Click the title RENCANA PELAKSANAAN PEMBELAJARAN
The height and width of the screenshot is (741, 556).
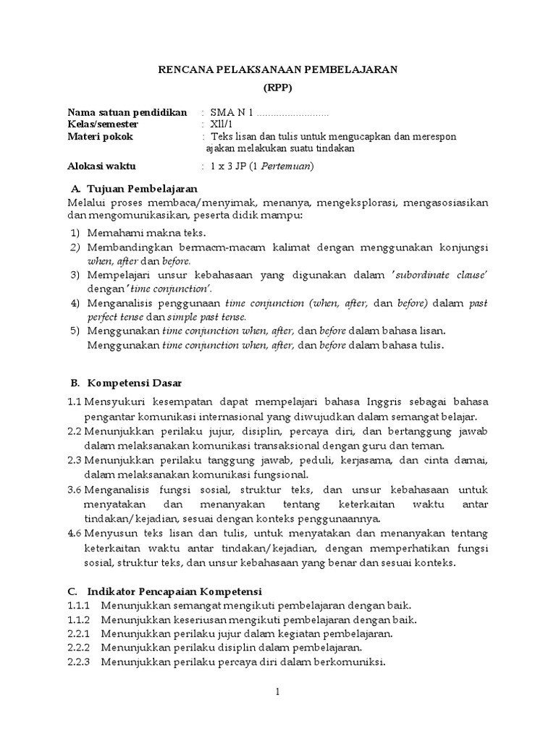coord(278,70)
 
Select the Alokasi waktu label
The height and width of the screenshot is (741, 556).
coord(102,166)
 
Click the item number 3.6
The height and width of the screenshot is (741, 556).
coord(75,488)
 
